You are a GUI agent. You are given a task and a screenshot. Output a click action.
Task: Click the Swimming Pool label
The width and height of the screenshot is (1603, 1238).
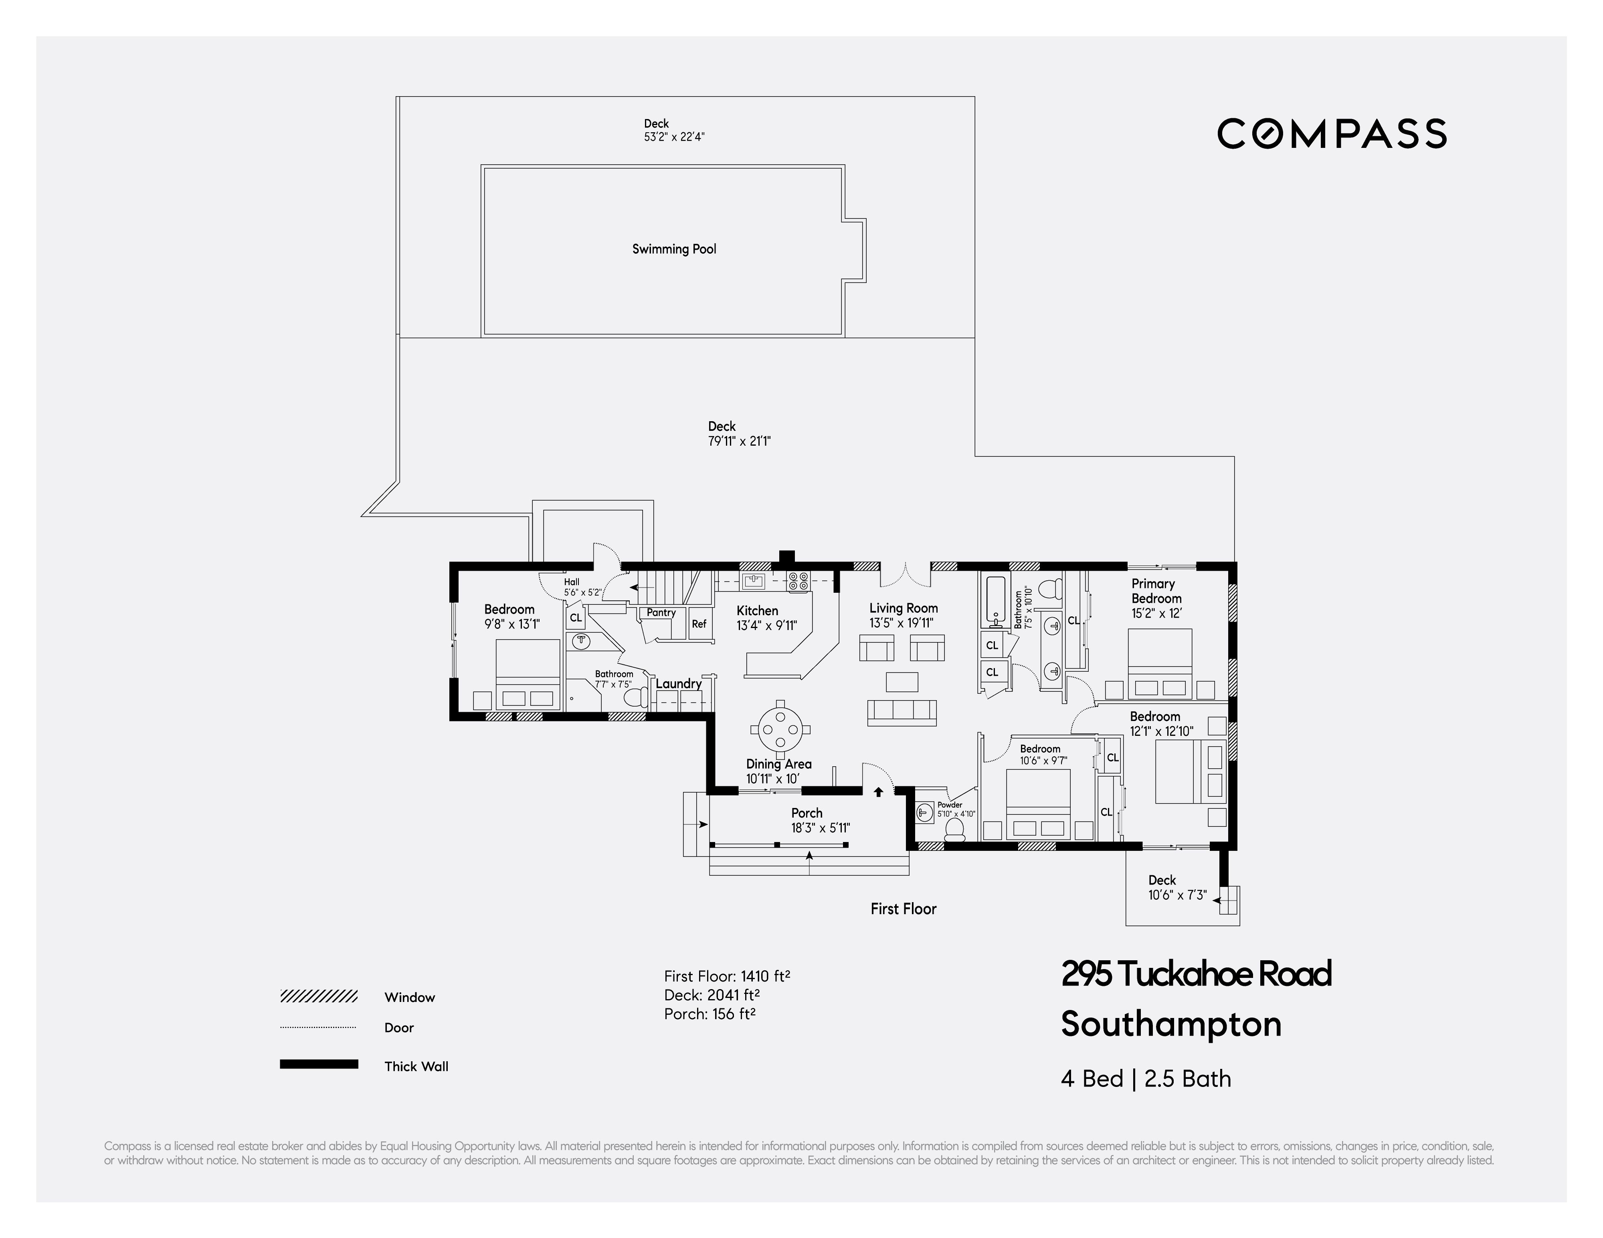[x=674, y=249]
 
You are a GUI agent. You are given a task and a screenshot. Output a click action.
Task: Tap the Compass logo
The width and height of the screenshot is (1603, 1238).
[x=1332, y=133]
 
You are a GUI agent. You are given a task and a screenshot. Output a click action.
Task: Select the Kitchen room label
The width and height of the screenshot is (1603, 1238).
[x=757, y=610]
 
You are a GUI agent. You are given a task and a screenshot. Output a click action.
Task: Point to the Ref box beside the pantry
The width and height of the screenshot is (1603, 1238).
[x=699, y=624]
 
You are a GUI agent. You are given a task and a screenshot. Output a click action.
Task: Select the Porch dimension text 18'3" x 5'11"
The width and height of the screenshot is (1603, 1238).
[x=820, y=828]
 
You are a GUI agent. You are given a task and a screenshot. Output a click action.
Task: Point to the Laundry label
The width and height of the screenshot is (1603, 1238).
[x=678, y=683]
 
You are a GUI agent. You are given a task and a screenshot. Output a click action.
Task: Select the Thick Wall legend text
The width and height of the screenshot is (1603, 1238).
[x=416, y=1066]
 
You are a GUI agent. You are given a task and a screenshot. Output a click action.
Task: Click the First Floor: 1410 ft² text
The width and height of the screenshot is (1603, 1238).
[x=727, y=976]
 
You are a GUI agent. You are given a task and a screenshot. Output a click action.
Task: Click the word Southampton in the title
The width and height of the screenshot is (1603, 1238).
[x=1171, y=1024]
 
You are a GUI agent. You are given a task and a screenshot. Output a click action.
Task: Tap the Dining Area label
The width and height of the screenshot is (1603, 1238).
[x=778, y=764]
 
